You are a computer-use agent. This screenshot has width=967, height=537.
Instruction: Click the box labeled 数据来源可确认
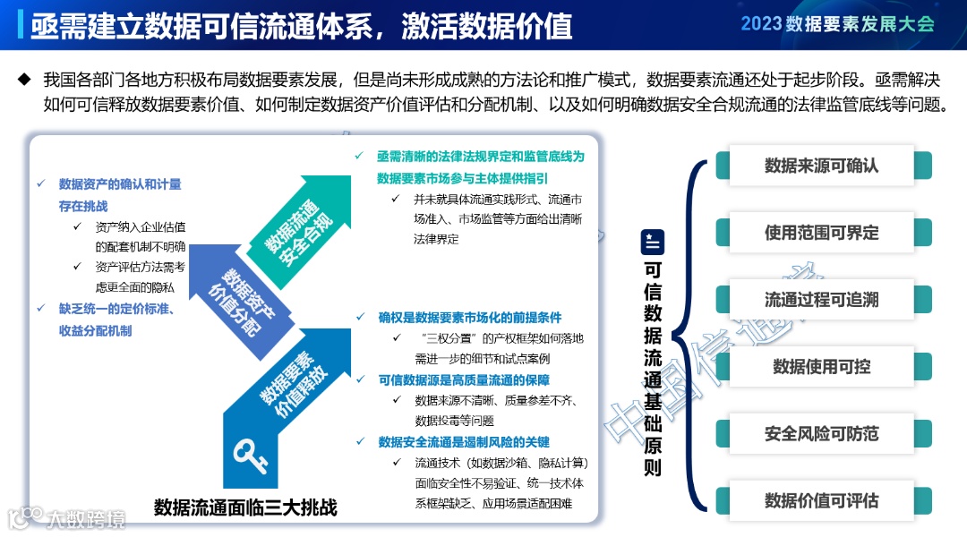click(x=822, y=166)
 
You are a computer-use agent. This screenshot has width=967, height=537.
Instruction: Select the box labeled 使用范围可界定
click(x=822, y=233)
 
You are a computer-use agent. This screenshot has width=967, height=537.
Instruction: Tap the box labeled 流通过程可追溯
click(x=822, y=300)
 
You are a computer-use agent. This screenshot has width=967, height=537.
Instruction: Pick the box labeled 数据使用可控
click(x=822, y=367)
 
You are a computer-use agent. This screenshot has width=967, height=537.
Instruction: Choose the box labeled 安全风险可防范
click(x=822, y=434)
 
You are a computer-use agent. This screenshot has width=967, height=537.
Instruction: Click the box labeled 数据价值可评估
click(x=822, y=501)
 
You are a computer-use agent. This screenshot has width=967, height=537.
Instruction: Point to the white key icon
click(x=250, y=454)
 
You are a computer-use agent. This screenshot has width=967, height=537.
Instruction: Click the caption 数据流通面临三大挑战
click(x=245, y=507)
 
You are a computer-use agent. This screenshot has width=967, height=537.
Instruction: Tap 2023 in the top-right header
click(x=761, y=24)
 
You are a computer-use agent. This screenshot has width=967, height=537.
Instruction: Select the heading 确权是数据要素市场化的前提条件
click(x=469, y=317)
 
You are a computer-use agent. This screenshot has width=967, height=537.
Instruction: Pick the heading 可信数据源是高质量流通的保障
click(x=469, y=379)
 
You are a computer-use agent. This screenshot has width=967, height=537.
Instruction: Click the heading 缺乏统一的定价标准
click(x=115, y=309)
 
